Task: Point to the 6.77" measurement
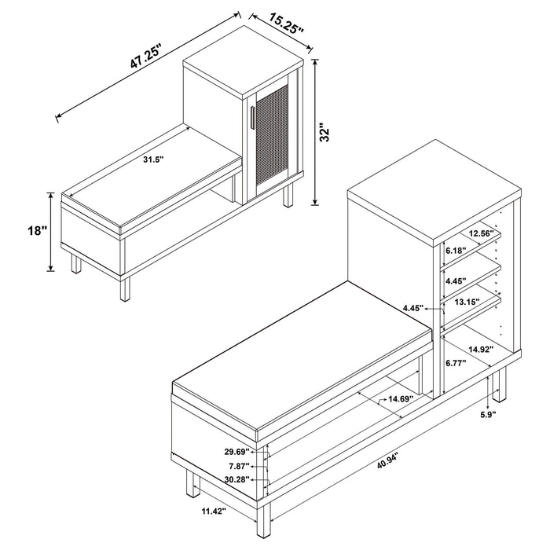tap(455, 363)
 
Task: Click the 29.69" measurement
tap(236, 452)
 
